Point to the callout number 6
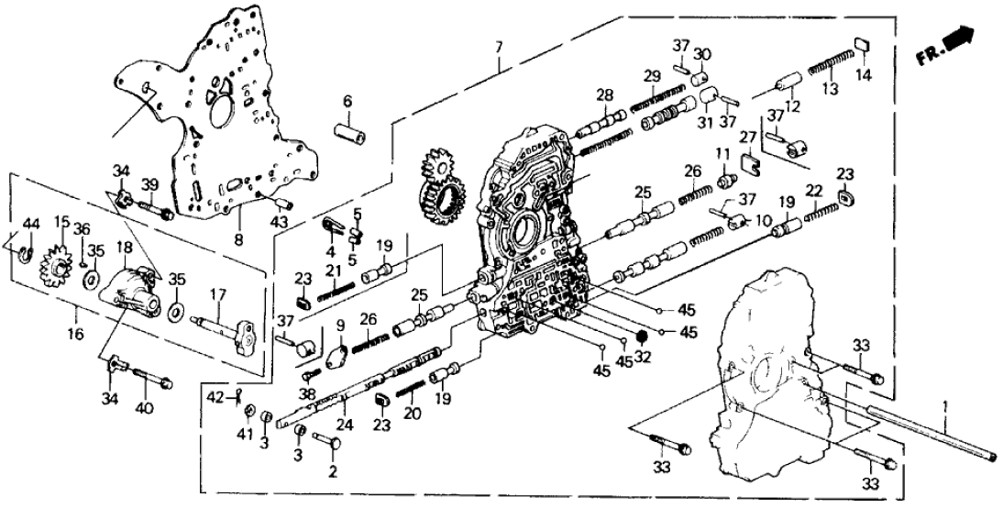point(347,100)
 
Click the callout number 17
point(216,294)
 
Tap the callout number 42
point(211,397)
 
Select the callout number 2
point(332,472)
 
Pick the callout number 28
point(604,94)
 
